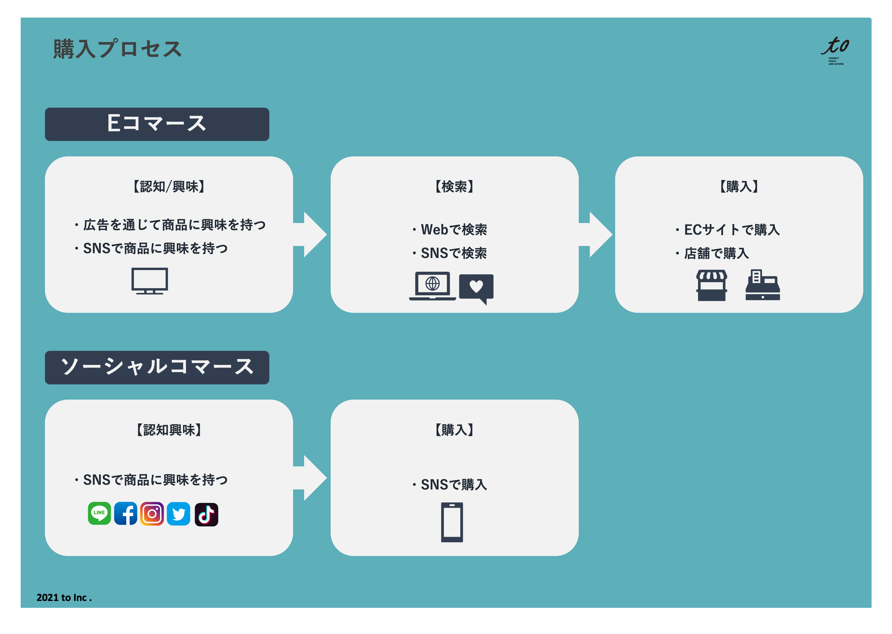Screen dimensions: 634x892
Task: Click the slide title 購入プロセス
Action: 117,49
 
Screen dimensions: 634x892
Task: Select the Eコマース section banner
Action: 157,124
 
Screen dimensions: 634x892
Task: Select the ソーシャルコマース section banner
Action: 157,367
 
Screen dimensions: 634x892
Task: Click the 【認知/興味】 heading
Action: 169,187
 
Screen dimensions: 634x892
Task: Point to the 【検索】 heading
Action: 454,187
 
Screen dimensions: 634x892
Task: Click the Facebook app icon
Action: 126,513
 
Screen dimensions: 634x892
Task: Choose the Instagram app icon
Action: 152,513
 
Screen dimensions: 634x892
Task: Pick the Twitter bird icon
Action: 178,514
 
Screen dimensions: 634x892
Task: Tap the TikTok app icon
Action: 206,514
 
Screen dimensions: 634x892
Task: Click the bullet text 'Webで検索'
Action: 454,230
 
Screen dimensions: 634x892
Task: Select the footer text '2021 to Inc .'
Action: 64,597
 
